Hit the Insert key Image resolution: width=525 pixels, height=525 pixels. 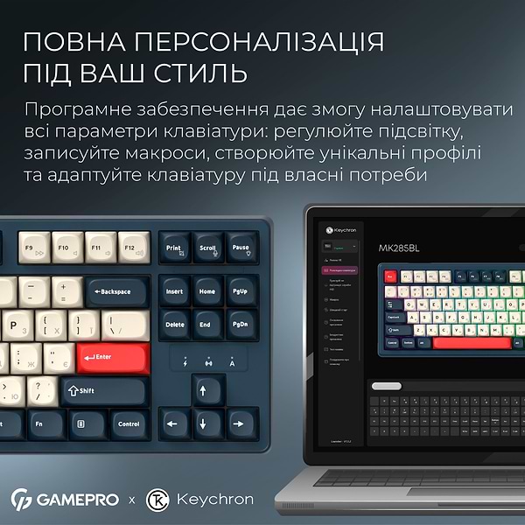coord(174,290)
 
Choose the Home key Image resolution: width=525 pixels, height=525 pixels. coord(207,290)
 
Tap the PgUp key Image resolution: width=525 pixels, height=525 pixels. coord(241,290)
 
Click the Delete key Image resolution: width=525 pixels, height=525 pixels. coord(174,323)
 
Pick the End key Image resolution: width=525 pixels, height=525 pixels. coord(207,323)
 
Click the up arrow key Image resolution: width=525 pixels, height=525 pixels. coord(207,389)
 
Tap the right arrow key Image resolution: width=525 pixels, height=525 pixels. coord(241,423)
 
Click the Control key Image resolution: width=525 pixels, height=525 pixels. coord(128,423)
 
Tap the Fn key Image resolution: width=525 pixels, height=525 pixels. coord(38,423)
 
